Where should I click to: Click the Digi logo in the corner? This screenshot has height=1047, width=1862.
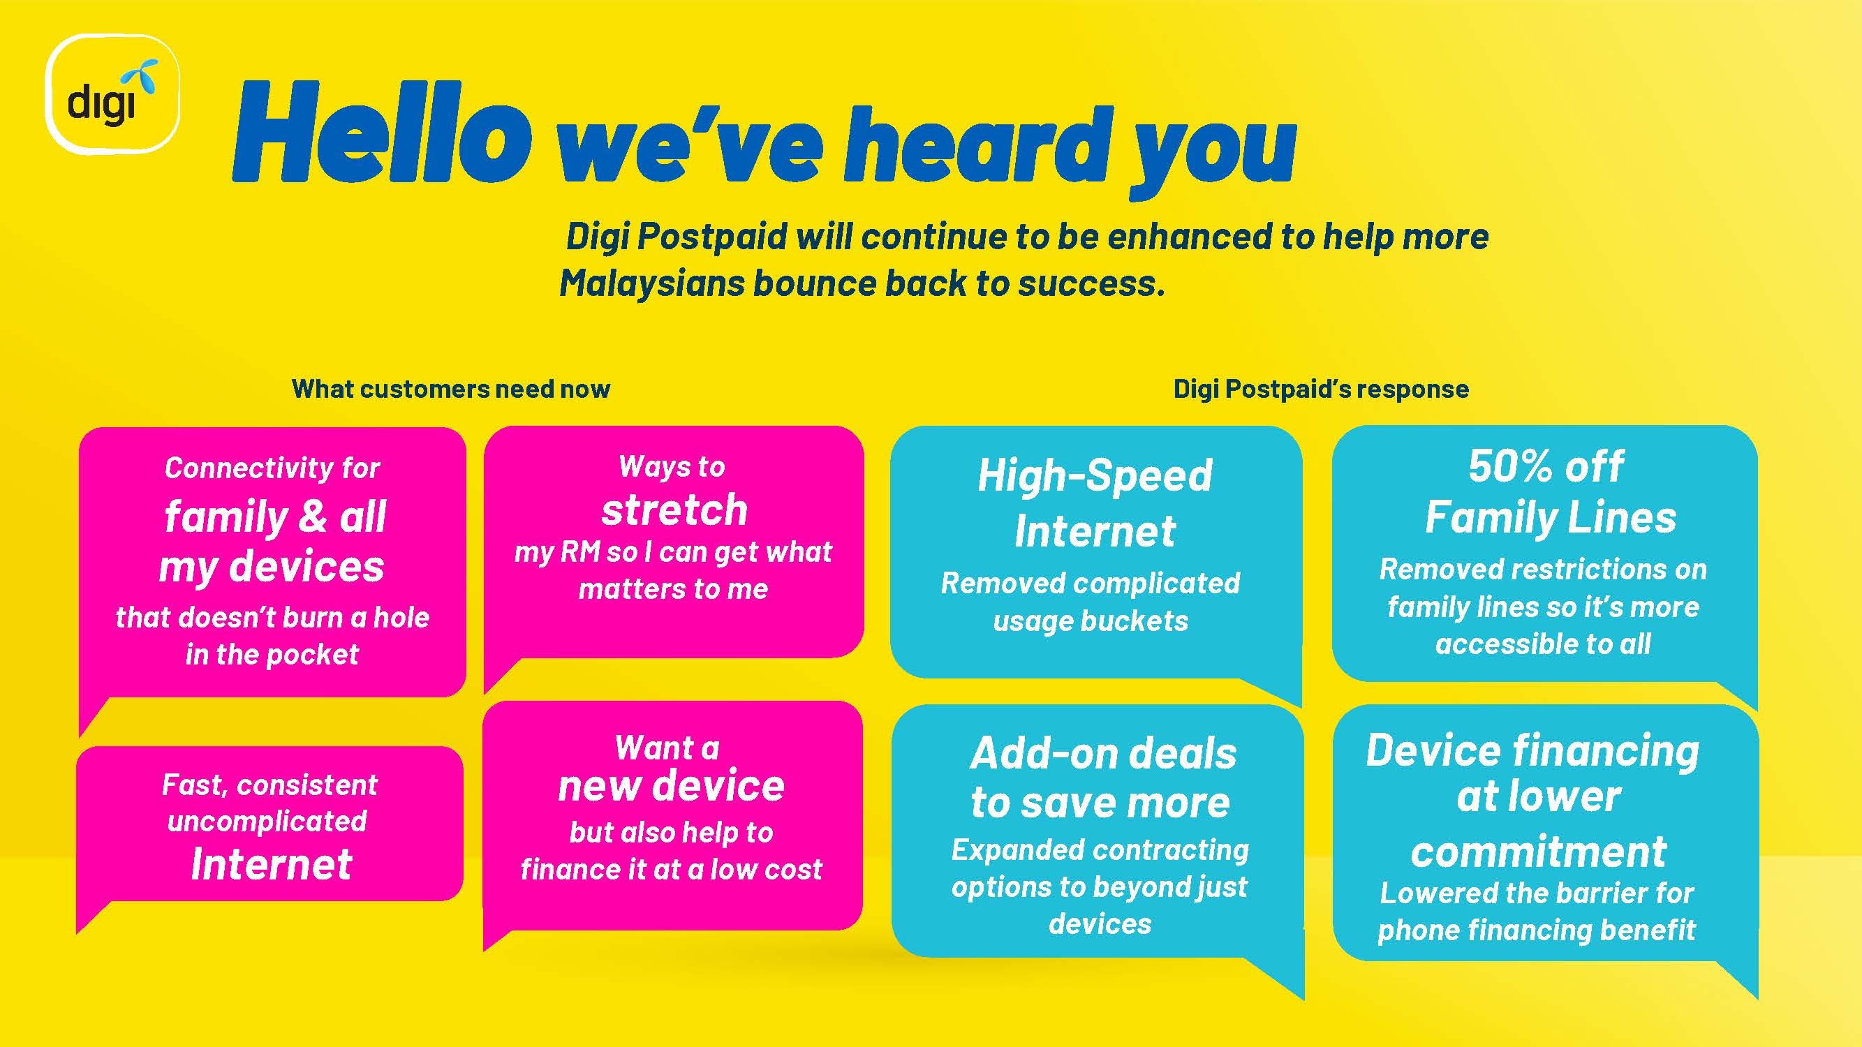[x=112, y=94]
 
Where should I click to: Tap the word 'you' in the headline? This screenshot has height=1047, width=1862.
[x=1213, y=151]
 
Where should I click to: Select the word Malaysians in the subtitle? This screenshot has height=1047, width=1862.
[x=651, y=283]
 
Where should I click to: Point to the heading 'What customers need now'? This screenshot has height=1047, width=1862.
[x=451, y=389]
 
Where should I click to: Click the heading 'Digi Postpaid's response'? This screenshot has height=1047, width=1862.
[x=1321, y=389]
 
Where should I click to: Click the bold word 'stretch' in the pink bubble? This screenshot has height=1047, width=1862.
[x=674, y=510]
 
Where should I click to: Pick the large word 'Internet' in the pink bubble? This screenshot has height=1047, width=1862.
[x=271, y=864]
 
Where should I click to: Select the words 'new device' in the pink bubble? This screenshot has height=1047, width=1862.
[x=671, y=785]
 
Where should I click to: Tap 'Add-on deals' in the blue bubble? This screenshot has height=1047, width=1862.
[x=1103, y=754]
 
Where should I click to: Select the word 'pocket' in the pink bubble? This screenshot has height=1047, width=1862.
[x=312, y=655]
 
